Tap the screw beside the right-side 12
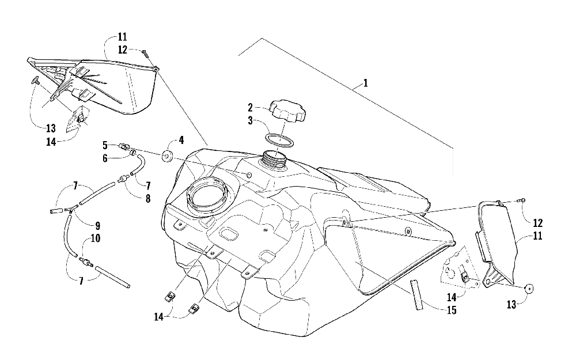[521, 200]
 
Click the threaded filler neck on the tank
[275, 158]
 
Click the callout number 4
[180, 139]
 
